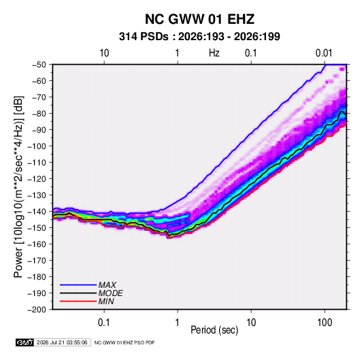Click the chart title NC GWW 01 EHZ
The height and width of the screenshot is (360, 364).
199,19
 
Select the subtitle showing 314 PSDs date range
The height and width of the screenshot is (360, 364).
199,37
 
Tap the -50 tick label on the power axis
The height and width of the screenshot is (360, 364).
39,65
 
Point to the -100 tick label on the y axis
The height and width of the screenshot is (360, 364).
37,146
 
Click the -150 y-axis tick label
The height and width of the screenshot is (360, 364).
37,228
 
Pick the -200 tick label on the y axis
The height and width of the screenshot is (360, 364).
37,310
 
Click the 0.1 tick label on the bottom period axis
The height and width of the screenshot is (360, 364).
104,323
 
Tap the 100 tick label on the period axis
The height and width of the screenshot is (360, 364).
325,323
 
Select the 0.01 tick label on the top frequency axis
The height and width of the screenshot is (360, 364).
324,53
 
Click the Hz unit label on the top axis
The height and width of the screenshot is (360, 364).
214,53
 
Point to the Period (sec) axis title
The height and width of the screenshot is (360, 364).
214,330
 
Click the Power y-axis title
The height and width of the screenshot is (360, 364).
19,186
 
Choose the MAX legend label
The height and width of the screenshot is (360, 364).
107,285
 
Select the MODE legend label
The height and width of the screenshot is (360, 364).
110,293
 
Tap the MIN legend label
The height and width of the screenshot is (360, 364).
106,301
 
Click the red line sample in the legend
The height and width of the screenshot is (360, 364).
78,301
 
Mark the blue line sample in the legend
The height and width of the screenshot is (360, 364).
78,284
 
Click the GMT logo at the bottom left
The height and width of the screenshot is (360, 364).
25,342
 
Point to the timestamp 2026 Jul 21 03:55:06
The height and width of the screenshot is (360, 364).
62,342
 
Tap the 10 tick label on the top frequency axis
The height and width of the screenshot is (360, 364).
104,53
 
